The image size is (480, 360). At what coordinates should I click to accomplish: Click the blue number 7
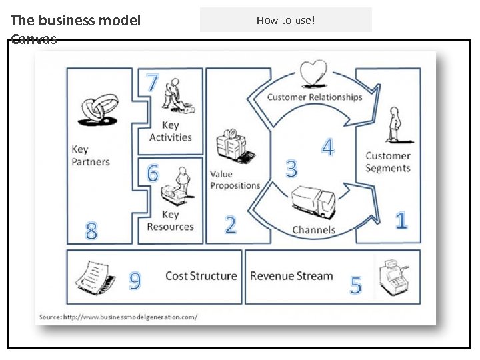(153, 83)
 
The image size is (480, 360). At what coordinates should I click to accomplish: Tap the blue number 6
(153, 173)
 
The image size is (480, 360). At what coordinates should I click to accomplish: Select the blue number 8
(92, 231)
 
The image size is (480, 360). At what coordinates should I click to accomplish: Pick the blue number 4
(328, 147)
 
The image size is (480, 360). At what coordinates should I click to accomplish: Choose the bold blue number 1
(401, 221)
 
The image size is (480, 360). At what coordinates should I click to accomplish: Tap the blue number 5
(356, 285)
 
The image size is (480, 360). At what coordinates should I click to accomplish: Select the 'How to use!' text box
(285, 20)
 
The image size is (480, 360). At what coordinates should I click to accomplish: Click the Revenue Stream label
(291, 276)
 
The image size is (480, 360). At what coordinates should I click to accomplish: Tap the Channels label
(313, 230)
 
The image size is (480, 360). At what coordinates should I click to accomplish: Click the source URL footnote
(118, 317)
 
